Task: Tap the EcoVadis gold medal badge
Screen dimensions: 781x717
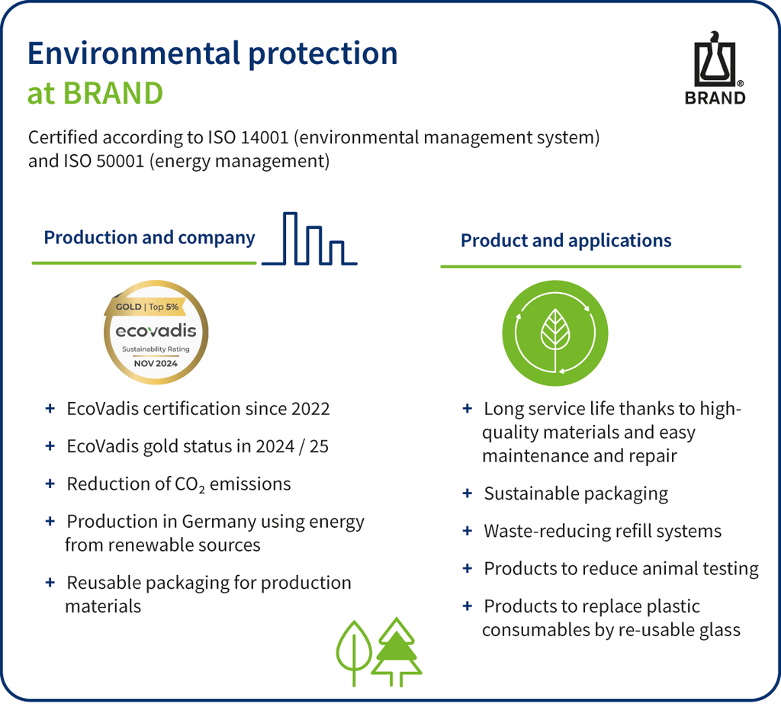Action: point(156,332)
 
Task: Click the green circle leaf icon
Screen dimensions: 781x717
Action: point(555,333)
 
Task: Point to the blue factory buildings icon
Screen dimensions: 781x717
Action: point(310,239)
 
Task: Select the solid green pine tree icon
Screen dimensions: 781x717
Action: point(396,651)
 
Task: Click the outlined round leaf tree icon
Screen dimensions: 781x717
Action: point(354,653)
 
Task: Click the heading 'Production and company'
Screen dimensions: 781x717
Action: point(149,238)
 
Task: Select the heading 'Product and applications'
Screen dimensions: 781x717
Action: point(566,241)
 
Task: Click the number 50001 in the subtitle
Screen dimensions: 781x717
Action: point(120,161)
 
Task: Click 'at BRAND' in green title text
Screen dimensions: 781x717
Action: point(95,93)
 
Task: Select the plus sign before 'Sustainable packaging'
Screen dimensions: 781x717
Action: point(468,494)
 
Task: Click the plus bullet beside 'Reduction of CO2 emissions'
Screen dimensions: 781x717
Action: point(50,484)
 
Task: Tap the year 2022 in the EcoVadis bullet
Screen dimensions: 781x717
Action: point(310,409)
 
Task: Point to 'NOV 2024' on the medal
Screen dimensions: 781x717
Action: point(156,363)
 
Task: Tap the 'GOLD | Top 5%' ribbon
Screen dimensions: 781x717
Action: point(147,307)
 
